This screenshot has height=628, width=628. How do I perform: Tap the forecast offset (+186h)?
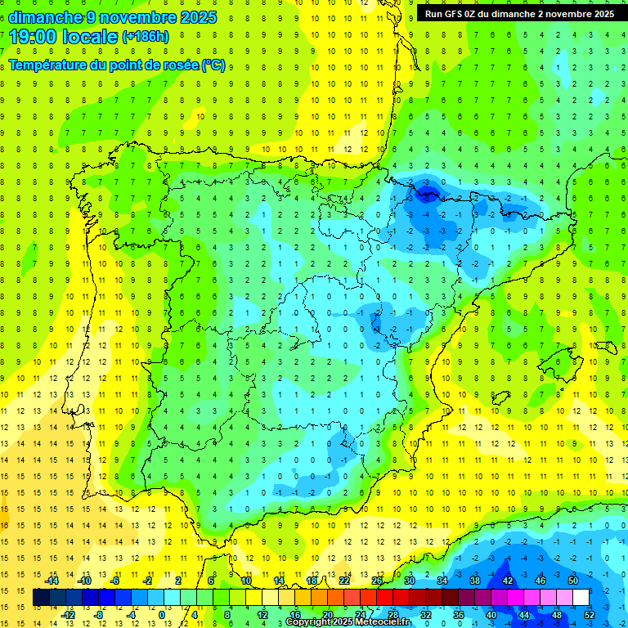pyautogui.click(x=145, y=36)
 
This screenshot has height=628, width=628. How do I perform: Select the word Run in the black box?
pyautogui.click(x=433, y=14)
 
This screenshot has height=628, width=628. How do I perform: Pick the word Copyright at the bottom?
pyautogui.click(x=309, y=622)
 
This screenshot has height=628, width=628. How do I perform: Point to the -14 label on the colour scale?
pyautogui.click(x=52, y=581)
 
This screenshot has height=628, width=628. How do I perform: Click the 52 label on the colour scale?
pyautogui.click(x=590, y=614)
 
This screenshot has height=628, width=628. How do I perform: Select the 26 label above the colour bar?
pyautogui.click(x=377, y=581)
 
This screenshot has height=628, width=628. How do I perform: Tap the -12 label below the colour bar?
pyautogui.click(x=68, y=614)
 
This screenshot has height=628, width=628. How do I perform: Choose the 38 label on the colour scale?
pyautogui.click(x=475, y=581)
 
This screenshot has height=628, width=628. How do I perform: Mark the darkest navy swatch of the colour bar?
pyautogui.click(x=41, y=598)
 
